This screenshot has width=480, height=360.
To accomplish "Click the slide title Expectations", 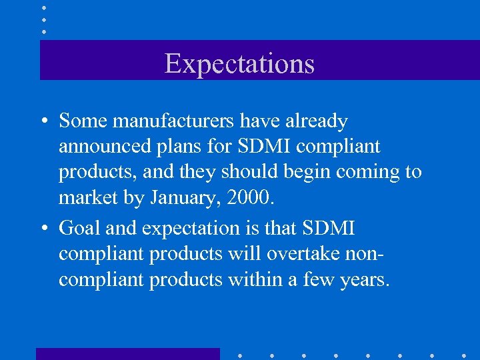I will pyautogui.click(x=239, y=63).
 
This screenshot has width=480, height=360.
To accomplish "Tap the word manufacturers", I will pyautogui.click(x=174, y=121).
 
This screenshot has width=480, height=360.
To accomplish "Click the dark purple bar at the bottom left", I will pyautogui.click(x=127, y=354).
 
